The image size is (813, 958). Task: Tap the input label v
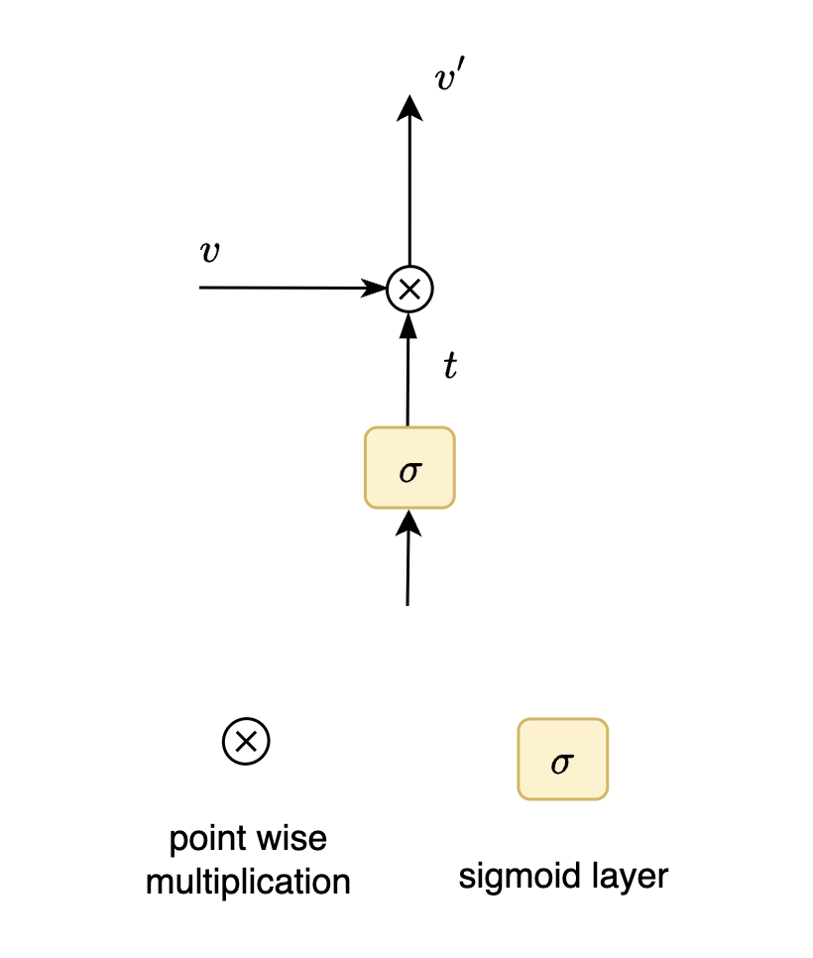209,252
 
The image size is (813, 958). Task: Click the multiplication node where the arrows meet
409,289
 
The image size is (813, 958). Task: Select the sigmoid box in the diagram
409,467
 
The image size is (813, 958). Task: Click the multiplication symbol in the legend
246,740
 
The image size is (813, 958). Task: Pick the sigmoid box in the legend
562,760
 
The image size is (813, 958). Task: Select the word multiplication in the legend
248,881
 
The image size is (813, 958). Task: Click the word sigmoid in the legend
515,876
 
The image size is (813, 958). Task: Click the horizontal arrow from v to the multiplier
288,288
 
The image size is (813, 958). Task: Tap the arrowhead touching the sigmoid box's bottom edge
408,521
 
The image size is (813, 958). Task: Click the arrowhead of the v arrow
376,289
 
